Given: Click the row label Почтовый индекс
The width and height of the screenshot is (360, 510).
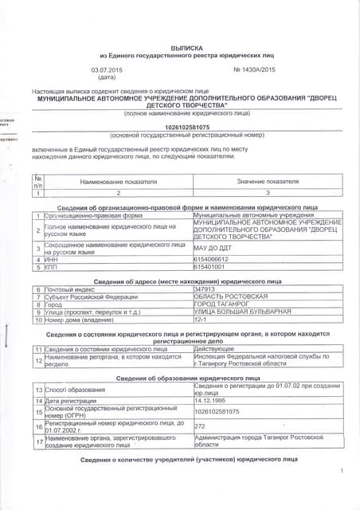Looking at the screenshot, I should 72,288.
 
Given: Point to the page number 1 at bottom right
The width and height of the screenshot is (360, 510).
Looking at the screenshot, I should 340,494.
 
